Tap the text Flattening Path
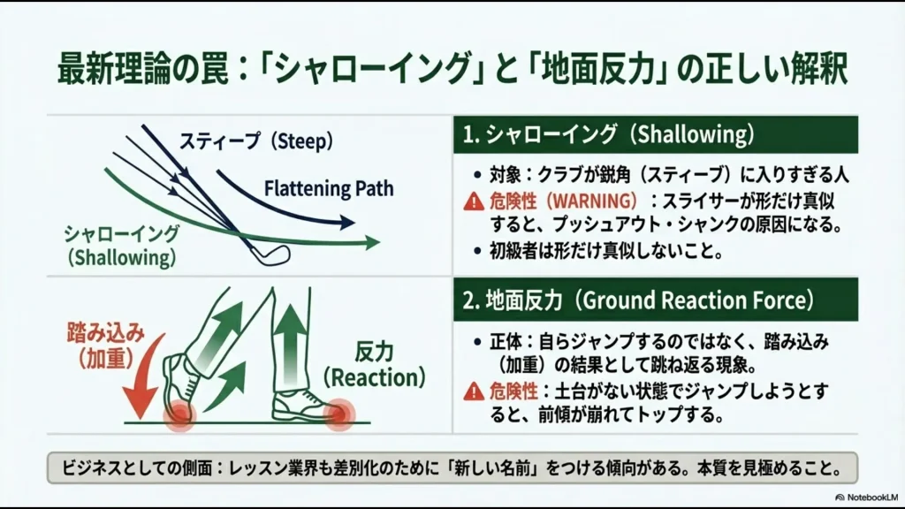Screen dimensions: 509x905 [x=328, y=188]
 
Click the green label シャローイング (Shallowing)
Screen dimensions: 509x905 [x=121, y=246]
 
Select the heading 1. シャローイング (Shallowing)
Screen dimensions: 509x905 [x=609, y=135]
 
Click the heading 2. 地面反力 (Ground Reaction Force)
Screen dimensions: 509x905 [x=637, y=300]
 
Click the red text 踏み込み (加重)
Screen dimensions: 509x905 [x=105, y=346]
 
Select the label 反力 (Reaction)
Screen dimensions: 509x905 [x=374, y=365]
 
